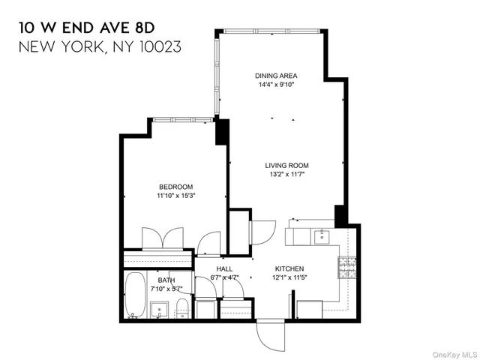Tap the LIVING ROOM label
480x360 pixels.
[286, 166]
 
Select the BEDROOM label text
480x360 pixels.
[175, 187]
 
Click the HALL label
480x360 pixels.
[224, 268]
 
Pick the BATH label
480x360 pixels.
[166, 280]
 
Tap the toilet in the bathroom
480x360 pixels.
[181, 308]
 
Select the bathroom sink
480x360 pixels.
[159, 310]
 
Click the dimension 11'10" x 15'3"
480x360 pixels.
[175, 196]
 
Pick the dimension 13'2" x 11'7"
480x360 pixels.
[286, 175]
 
